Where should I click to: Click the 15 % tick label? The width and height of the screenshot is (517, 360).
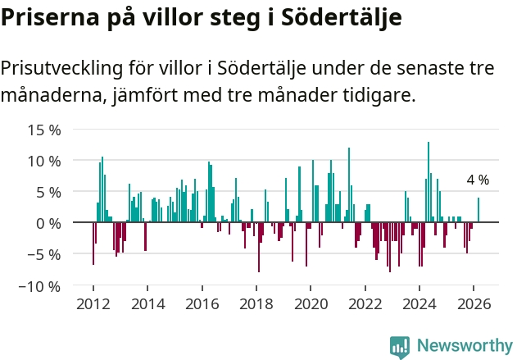(x=44, y=130)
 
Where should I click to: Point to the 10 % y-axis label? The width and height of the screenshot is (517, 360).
(x=44, y=161)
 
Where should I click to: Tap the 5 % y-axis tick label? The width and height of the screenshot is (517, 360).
(x=48, y=192)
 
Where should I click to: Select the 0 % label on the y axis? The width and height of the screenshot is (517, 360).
(x=48, y=223)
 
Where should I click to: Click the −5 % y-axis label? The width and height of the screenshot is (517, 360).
(x=42, y=254)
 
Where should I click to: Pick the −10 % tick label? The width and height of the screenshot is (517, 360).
(x=39, y=286)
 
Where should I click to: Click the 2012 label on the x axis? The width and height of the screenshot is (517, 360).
(x=93, y=303)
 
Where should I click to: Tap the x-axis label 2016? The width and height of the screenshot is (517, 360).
(x=202, y=303)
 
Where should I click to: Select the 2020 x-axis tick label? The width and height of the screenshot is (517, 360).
(x=311, y=303)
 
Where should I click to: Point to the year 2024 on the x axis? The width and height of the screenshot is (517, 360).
(x=419, y=303)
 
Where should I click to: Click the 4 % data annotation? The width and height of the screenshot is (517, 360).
(x=478, y=180)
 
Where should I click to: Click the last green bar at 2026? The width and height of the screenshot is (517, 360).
(x=478, y=210)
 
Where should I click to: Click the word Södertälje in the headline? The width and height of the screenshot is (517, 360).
(x=343, y=17)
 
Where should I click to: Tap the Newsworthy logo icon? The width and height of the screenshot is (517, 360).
(x=400, y=346)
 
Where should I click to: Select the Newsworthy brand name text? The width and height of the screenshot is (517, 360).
(x=464, y=346)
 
